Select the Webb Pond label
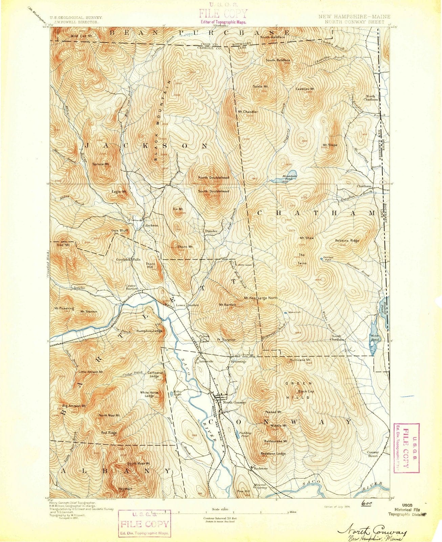pyautogui.click(x=376, y=337)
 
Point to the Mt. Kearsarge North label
pyautogui.click(x=261, y=298)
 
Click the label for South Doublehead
pyautogui.click(x=214, y=191)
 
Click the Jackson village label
pyautogui.click(x=151, y=225)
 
